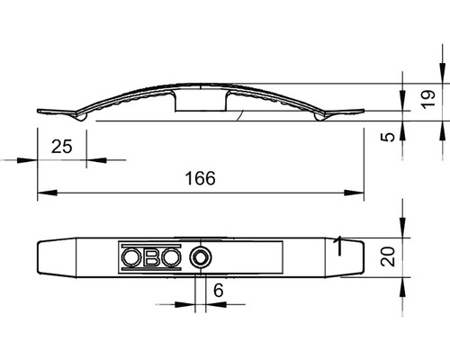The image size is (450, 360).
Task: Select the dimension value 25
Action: [x=62, y=146]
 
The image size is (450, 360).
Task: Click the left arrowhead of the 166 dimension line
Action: [x=43, y=192]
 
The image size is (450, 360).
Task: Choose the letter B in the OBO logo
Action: [x=151, y=258]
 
